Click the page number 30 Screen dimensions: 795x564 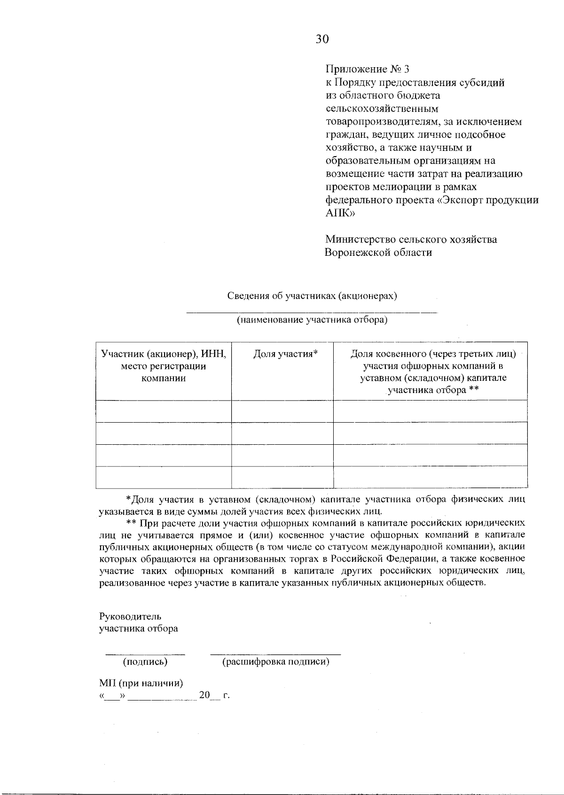(x=322, y=39)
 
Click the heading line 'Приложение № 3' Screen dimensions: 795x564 (x=368, y=70)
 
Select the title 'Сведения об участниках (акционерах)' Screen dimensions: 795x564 (x=312, y=296)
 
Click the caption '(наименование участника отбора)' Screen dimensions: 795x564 (x=312, y=321)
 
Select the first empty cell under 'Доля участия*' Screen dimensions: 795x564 (x=282, y=411)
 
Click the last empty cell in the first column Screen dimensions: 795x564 (x=164, y=477)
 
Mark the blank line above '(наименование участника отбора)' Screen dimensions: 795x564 (x=312, y=311)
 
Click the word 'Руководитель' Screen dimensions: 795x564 (x=130, y=616)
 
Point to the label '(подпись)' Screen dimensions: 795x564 (x=145, y=662)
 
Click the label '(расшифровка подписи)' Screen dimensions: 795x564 (x=275, y=662)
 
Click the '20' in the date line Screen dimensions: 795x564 (x=204, y=695)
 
